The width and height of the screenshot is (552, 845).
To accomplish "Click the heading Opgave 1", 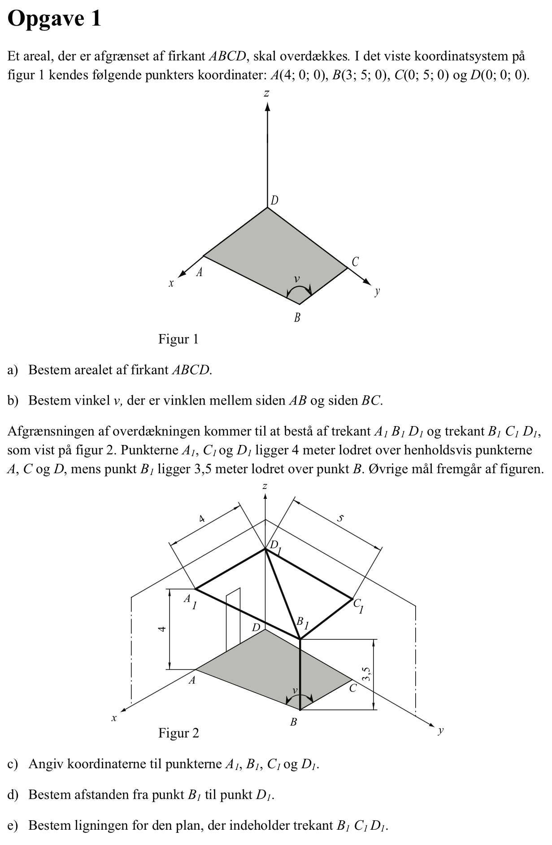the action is click(x=54, y=19).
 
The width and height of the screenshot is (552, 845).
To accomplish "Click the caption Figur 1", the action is click(x=178, y=339).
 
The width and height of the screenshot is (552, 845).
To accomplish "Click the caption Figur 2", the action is click(x=178, y=733).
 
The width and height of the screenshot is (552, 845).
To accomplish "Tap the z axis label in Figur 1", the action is click(x=267, y=93).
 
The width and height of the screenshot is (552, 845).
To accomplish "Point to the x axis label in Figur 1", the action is click(x=171, y=283).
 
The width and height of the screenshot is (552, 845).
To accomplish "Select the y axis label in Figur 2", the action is click(x=441, y=731).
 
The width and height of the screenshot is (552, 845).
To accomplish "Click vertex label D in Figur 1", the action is click(x=274, y=200).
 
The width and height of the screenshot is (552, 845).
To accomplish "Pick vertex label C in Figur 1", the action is click(x=355, y=262).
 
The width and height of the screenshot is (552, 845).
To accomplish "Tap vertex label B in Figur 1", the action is click(x=297, y=318).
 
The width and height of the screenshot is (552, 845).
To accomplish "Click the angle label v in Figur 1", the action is click(x=296, y=279).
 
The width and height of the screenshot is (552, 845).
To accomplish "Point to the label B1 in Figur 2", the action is click(x=302, y=623).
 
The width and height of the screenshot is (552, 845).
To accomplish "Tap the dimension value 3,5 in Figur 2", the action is click(x=366, y=674).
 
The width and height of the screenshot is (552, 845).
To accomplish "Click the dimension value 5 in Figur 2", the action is click(x=340, y=518).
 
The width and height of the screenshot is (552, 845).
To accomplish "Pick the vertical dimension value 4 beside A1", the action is click(x=162, y=629).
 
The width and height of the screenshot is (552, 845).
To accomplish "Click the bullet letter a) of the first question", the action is click(x=13, y=370).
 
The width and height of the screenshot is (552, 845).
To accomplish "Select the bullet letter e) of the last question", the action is click(x=13, y=825).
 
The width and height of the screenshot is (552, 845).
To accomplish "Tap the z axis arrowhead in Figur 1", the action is click(x=267, y=106).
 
